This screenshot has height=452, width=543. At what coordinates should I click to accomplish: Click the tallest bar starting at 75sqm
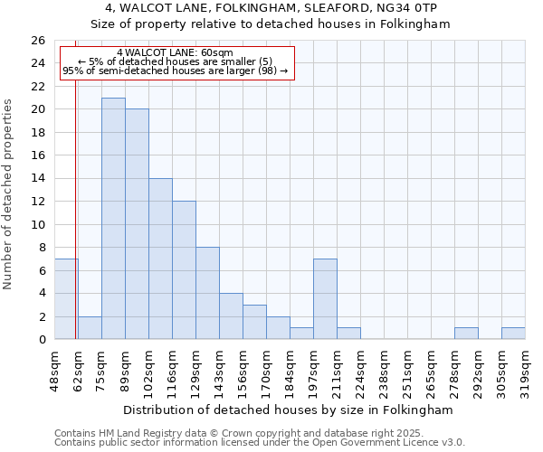pos(113,219)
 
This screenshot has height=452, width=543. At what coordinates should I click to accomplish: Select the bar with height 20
pos(137,224)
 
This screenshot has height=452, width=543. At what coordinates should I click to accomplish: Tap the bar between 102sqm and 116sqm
pos(160,259)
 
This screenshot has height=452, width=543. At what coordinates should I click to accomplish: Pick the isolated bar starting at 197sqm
pos(325,299)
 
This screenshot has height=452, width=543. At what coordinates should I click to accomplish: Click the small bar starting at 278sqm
pos(466,334)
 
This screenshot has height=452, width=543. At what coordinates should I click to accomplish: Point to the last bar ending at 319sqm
pos(513,334)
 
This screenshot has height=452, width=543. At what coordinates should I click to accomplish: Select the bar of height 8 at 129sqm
pos(207,293)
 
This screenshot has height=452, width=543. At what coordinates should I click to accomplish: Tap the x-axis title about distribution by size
pos(290,410)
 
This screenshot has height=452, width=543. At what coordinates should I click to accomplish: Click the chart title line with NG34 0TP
pos(271,8)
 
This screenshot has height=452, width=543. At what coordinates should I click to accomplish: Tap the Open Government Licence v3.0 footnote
pos(260,443)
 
